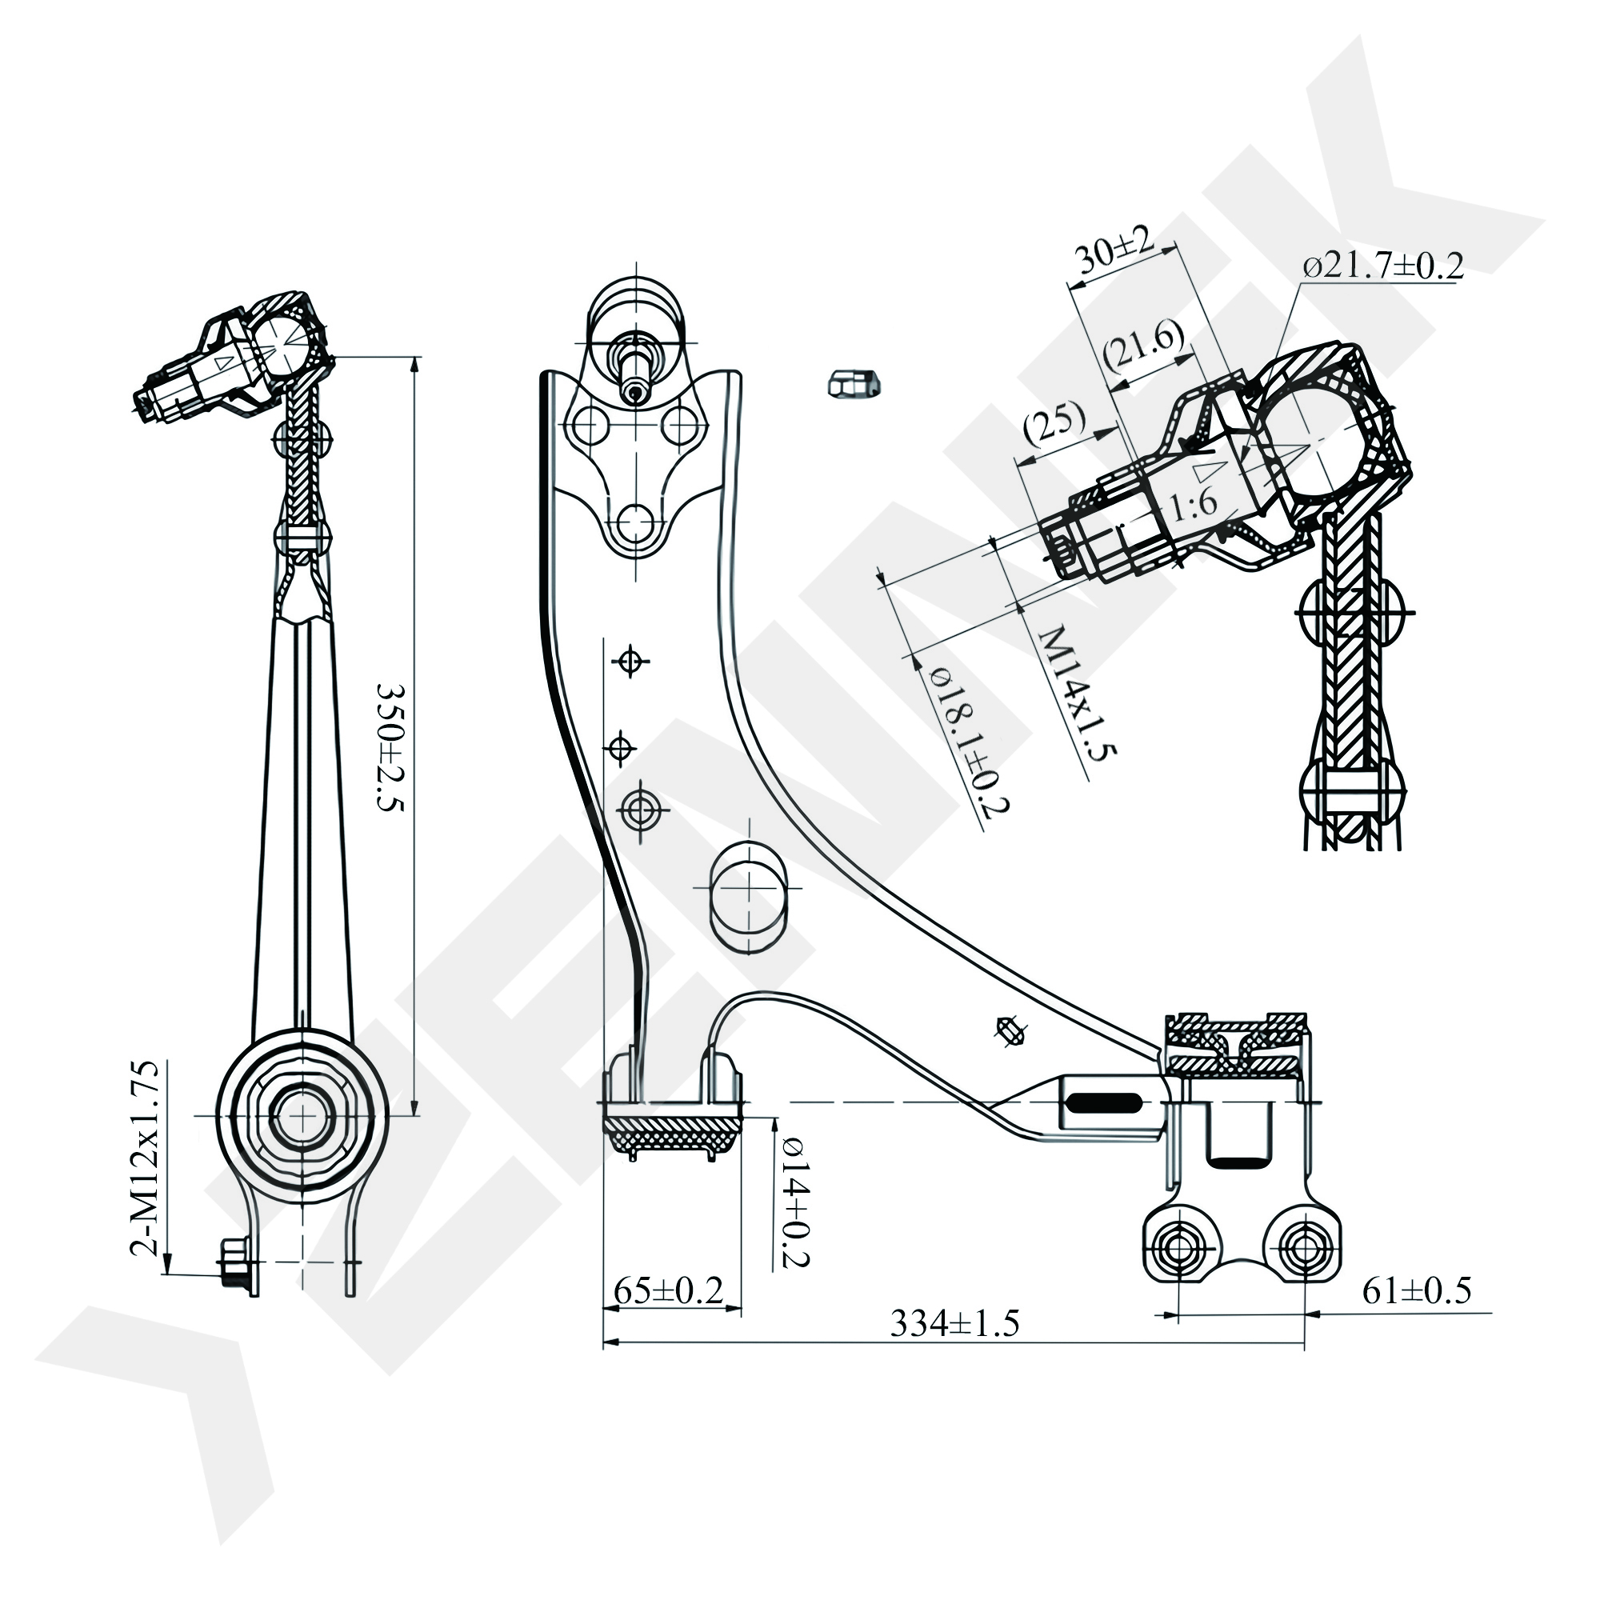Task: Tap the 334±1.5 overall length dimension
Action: click(954, 1324)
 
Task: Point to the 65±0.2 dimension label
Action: click(668, 1291)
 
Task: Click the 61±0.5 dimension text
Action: click(1417, 1290)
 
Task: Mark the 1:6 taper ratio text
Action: click(1194, 502)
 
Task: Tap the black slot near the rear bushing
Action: click(1105, 1102)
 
